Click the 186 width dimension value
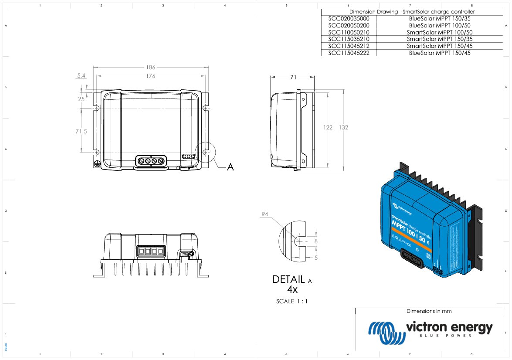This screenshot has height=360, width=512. (150, 68)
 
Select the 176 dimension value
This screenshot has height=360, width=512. (150, 76)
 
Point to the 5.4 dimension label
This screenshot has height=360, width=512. (81, 76)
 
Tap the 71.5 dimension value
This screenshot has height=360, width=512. (81, 131)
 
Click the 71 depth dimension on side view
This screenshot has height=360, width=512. (293, 77)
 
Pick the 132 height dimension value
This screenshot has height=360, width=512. (343, 127)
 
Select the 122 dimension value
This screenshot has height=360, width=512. (328, 127)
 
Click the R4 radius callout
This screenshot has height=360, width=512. (264, 214)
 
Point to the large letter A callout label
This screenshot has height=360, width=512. (230, 167)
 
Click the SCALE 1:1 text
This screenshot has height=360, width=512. (292, 301)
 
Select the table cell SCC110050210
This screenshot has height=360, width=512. (349, 32)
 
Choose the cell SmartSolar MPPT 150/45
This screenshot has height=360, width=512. (440, 46)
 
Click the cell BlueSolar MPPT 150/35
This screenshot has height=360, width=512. (440, 19)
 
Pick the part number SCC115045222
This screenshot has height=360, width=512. (349, 53)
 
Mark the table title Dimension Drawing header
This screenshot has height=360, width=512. (412, 12)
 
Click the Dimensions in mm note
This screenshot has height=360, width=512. (429, 311)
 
